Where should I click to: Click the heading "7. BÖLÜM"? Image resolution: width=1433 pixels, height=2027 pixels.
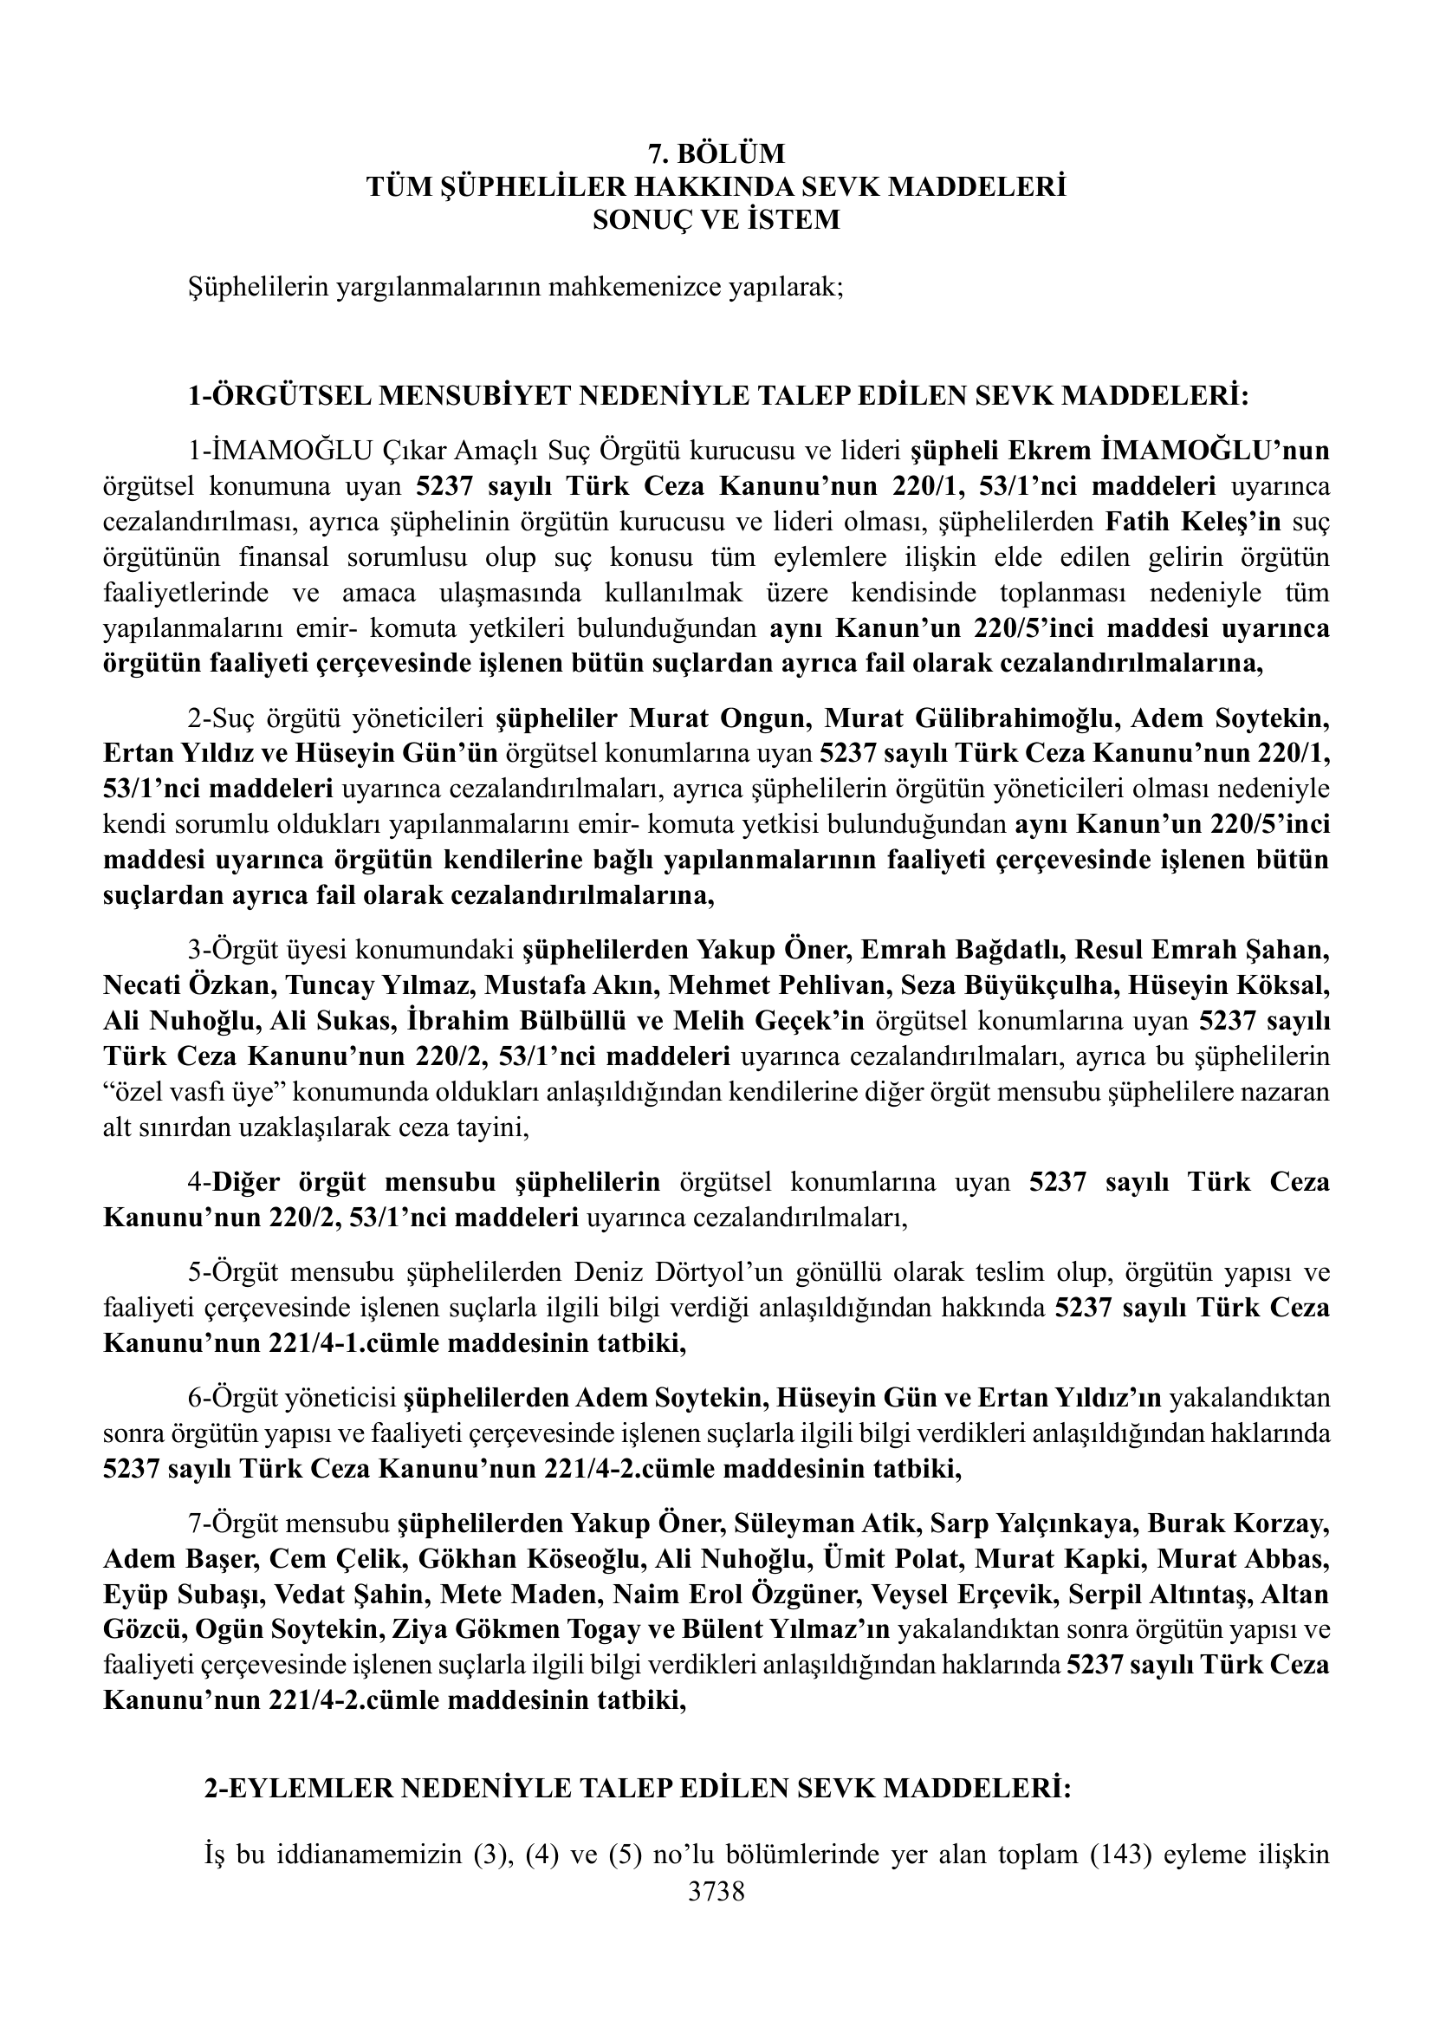tap(716, 154)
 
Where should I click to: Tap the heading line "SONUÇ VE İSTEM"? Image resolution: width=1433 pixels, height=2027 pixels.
tap(716, 219)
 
